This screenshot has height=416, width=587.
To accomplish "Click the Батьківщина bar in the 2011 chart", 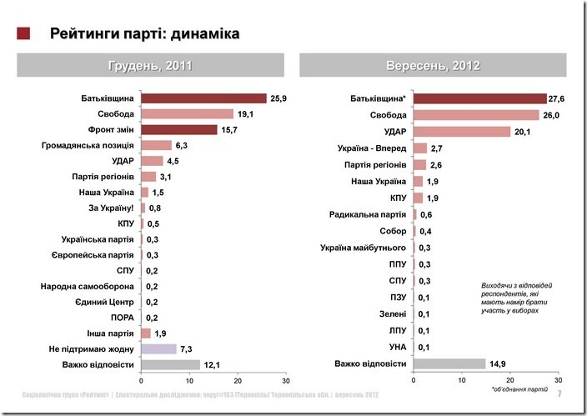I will tap(203, 98).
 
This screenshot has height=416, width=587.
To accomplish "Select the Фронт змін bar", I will tap(179, 129).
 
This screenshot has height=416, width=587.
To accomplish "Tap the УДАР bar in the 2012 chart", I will tap(462, 132).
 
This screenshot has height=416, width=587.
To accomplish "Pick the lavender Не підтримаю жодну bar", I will tap(159, 348).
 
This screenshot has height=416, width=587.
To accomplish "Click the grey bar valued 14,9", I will tap(449, 363).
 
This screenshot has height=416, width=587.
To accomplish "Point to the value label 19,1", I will tap(245, 114).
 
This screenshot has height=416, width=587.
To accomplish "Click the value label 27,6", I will tap(556, 99).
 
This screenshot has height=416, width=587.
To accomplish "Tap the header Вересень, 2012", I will tap(432, 65).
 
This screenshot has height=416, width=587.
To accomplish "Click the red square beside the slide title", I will tap(23, 33).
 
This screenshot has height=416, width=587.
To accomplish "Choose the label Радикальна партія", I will tap(370, 214).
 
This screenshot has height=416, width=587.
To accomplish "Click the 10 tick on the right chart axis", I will tap(462, 380).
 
